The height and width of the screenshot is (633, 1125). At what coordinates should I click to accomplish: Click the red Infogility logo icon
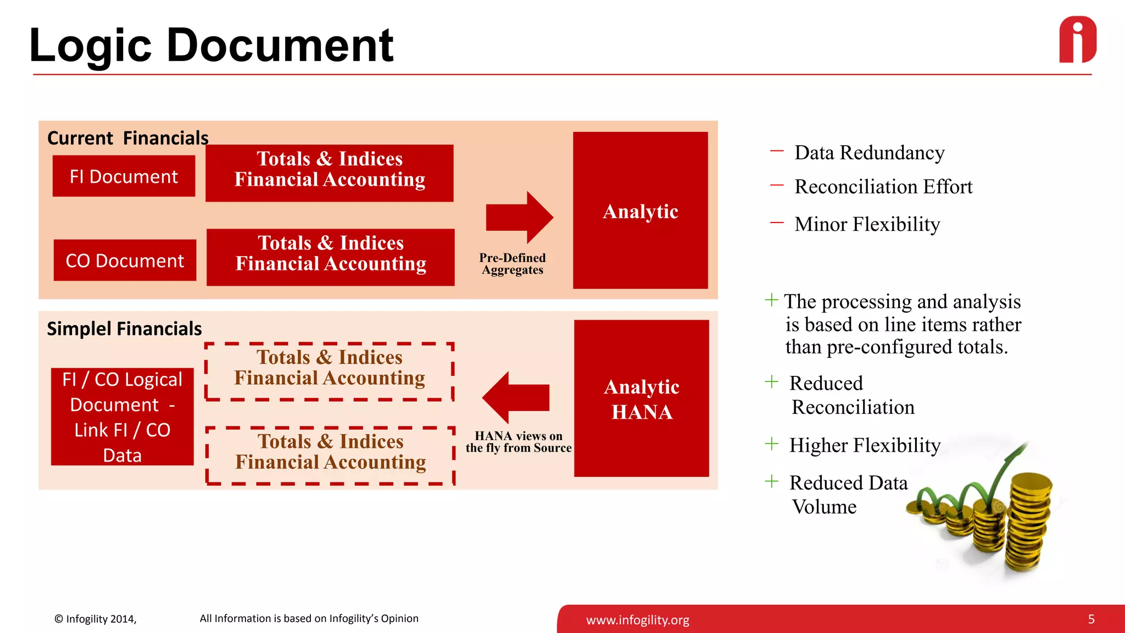pos(1077,40)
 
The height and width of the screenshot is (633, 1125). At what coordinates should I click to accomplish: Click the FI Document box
pos(124,176)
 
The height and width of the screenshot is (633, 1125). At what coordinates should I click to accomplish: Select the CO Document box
pos(125,260)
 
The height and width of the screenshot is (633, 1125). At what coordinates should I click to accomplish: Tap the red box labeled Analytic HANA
pos(641,399)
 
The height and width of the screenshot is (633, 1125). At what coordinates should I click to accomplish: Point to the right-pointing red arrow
pos(519,218)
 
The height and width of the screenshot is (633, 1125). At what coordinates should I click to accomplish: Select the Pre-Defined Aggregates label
pos(512,264)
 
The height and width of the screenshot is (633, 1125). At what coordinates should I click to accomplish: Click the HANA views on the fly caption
pos(518,442)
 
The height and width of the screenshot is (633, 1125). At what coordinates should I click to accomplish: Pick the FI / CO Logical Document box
pos(122,417)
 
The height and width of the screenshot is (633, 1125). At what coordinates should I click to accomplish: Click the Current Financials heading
pos(127,138)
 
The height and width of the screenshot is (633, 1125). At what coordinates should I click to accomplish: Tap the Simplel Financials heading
pos(124,329)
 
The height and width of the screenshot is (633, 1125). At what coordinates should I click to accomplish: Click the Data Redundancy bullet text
pos(869,153)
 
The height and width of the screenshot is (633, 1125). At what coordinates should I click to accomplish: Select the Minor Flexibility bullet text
pos(867,224)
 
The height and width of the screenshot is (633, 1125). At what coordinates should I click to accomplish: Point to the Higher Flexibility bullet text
pos(865,445)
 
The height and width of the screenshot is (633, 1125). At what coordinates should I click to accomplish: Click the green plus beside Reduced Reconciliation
pos(772,382)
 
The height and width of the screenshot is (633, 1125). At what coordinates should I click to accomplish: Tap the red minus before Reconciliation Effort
pos(777,186)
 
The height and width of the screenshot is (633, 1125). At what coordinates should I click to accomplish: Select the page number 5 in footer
pos(1091,619)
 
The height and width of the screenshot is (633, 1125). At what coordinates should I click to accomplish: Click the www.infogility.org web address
pos(637,620)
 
